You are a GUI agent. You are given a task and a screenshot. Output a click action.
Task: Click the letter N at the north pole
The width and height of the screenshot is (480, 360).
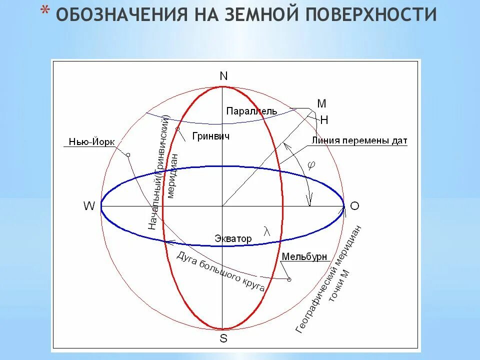point(223,76)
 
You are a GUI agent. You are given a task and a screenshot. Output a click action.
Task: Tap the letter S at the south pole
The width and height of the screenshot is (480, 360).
point(223,338)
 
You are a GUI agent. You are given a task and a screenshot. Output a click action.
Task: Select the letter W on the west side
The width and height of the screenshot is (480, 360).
point(89,206)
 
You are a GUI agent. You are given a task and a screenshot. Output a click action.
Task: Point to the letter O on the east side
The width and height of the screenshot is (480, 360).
point(354,206)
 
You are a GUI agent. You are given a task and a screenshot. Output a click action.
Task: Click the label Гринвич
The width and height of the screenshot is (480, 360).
point(210,136)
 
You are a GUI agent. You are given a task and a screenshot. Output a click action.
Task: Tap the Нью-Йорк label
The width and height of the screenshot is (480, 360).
point(90,142)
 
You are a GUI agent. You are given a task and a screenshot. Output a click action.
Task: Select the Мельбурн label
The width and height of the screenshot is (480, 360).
point(304,256)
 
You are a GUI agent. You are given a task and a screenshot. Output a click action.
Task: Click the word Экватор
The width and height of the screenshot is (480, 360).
point(233,238)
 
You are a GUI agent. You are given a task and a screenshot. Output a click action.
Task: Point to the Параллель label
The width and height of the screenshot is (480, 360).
point(251,110)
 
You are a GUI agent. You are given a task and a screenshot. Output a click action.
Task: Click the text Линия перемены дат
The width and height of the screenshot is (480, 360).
point(359,140)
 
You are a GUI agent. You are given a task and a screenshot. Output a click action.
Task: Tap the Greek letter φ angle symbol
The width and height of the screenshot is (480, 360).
point(311,165)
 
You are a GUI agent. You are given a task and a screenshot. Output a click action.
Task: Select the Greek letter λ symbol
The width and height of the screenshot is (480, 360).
point(266,231)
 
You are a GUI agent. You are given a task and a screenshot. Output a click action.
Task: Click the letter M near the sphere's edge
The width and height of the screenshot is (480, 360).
point(322,103)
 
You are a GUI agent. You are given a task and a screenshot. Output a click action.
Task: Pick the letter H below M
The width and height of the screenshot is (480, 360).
point(324,120)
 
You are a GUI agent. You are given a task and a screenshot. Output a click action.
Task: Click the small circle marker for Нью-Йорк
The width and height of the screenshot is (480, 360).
point(128,155)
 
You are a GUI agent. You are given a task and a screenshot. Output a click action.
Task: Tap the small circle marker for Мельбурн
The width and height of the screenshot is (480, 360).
point(289,279)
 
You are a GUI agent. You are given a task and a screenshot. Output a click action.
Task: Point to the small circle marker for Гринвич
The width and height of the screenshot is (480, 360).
point(177,129)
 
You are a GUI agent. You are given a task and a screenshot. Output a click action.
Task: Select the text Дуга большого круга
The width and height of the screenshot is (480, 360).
point(220,270)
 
